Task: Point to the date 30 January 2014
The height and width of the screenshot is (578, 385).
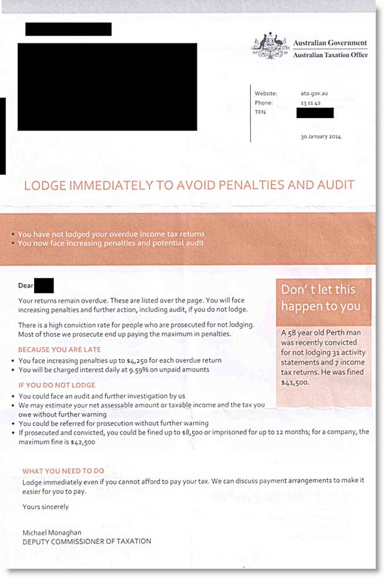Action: point(320,137)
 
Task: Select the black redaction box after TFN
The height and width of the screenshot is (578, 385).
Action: point(315,112)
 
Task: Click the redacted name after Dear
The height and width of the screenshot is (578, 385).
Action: point(45,287)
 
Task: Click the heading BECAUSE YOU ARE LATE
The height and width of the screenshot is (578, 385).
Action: point(60,350)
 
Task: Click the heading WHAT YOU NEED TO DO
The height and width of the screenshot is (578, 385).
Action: point(63,471)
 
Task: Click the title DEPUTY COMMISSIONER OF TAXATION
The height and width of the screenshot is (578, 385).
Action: point(86,541)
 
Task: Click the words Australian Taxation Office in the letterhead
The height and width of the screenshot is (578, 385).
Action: point(330,55)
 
